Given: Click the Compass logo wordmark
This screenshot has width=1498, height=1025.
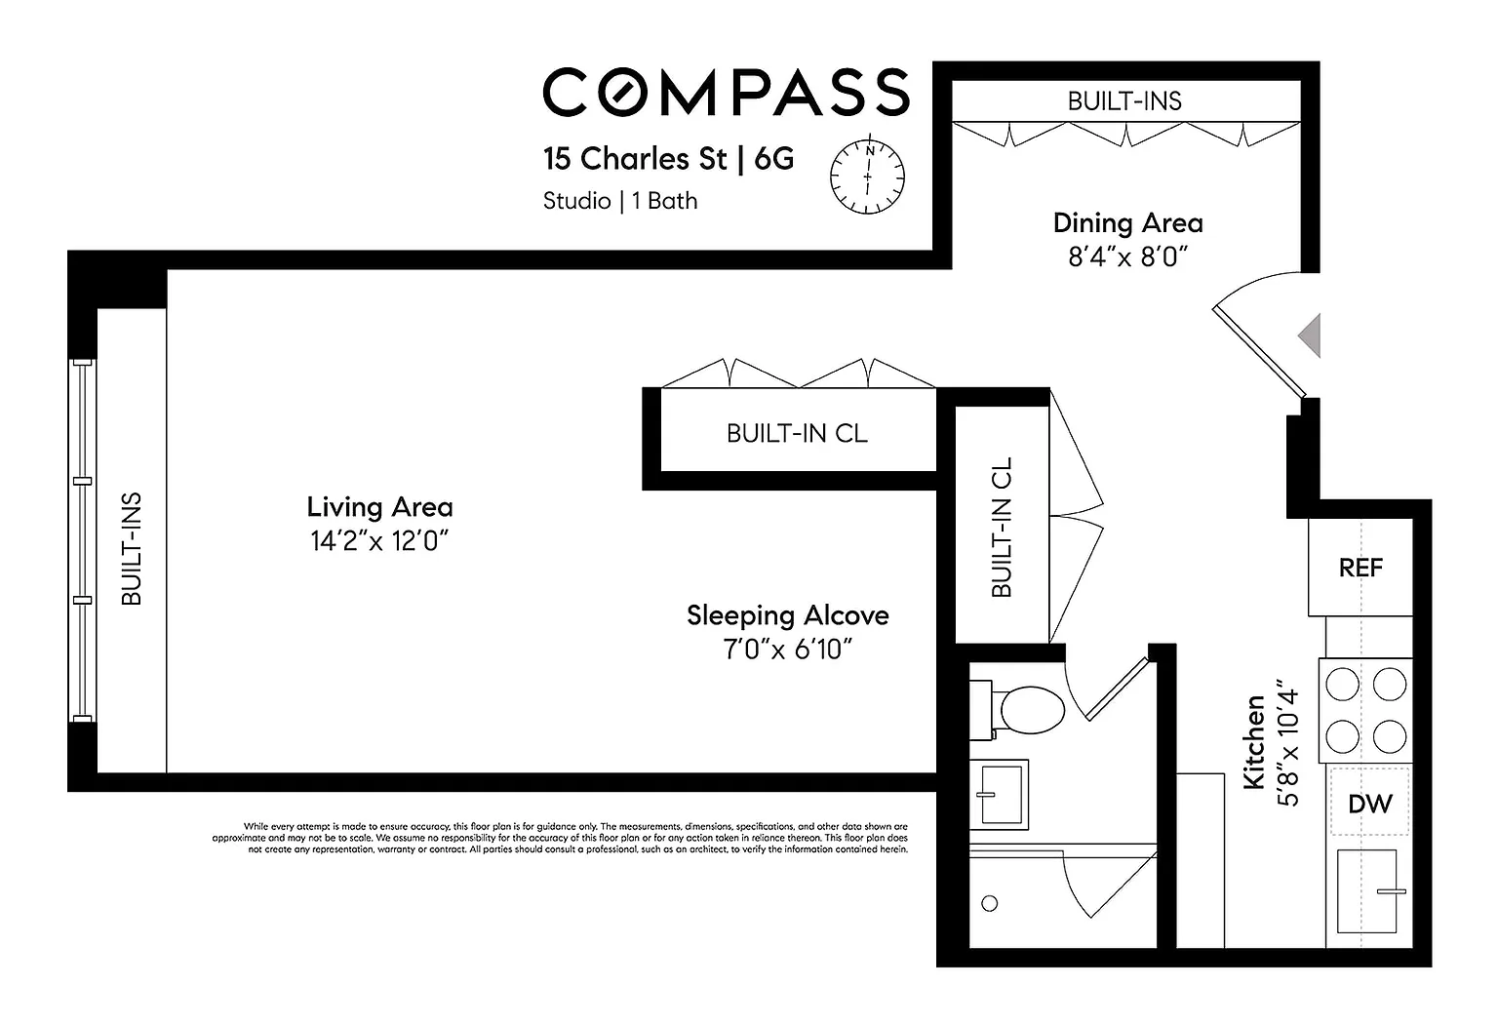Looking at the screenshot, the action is click(727, 92).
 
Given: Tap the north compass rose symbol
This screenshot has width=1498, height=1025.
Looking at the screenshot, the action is click(867, 176).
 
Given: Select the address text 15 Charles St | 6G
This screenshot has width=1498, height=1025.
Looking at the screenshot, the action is click(669, 159).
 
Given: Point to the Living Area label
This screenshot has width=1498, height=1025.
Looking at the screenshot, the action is click(379, 507).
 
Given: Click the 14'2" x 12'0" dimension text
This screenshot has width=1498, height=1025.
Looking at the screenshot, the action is click(379, 540).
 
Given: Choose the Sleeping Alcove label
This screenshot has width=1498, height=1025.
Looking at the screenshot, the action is click(788, 615).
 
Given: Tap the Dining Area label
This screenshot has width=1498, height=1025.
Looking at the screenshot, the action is click(1128, 223).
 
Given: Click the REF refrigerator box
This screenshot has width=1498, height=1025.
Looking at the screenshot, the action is click(1360, 567).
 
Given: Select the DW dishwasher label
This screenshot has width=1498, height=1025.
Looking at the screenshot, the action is click(1370, 804).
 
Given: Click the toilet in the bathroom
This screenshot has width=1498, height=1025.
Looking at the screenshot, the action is click(1017, 710).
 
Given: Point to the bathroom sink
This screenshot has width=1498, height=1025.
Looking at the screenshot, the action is click(999, 794).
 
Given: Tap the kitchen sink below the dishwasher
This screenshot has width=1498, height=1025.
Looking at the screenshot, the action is click(1367, 890).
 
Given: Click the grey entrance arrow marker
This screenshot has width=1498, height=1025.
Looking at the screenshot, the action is click(1310, 335).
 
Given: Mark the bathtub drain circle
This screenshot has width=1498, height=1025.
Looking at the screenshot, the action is click(990, 903).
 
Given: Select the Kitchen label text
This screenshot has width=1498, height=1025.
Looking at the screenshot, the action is click(1254, 742).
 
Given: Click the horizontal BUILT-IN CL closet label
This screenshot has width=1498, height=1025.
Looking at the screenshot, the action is click(797, 433).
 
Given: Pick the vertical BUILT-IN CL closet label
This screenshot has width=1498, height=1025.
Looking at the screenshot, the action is click(1002, 527).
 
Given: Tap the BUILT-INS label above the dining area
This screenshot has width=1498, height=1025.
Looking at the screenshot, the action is click(1124, 101).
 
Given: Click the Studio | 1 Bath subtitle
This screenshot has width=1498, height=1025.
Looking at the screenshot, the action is click(620, 201).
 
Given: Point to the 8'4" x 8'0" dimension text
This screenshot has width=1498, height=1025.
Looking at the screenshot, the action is click(1127, 256).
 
